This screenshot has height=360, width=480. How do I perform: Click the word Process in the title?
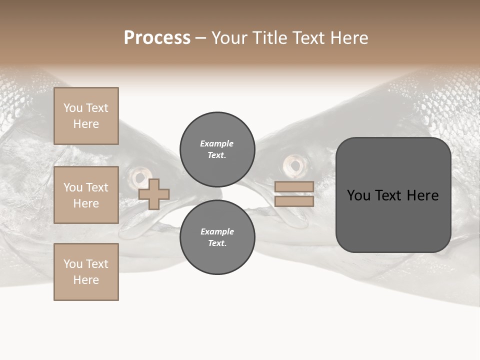[x=157, y=38]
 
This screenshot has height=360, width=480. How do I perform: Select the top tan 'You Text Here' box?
[x=86, y=116]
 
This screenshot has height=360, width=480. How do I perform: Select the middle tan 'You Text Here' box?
[x=86, y=195]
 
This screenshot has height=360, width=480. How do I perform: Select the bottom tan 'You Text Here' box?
[x=86, y=272]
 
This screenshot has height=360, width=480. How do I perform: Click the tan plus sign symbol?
[x=154, y=194]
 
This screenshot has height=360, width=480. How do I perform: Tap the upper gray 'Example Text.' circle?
[x=217, y=149]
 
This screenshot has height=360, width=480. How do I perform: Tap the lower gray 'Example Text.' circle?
[x=217, y=237]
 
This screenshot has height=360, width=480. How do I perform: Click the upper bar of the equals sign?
[x=294, y=186]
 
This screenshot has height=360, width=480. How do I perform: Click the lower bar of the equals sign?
[x=294, y=201]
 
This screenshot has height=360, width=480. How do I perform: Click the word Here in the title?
[x=350, y=38]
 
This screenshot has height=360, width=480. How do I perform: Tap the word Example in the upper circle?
[x=216, y=143]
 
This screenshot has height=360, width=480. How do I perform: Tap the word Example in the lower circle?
[x=216, y=231]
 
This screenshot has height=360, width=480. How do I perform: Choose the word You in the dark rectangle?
[x=358, y=195]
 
